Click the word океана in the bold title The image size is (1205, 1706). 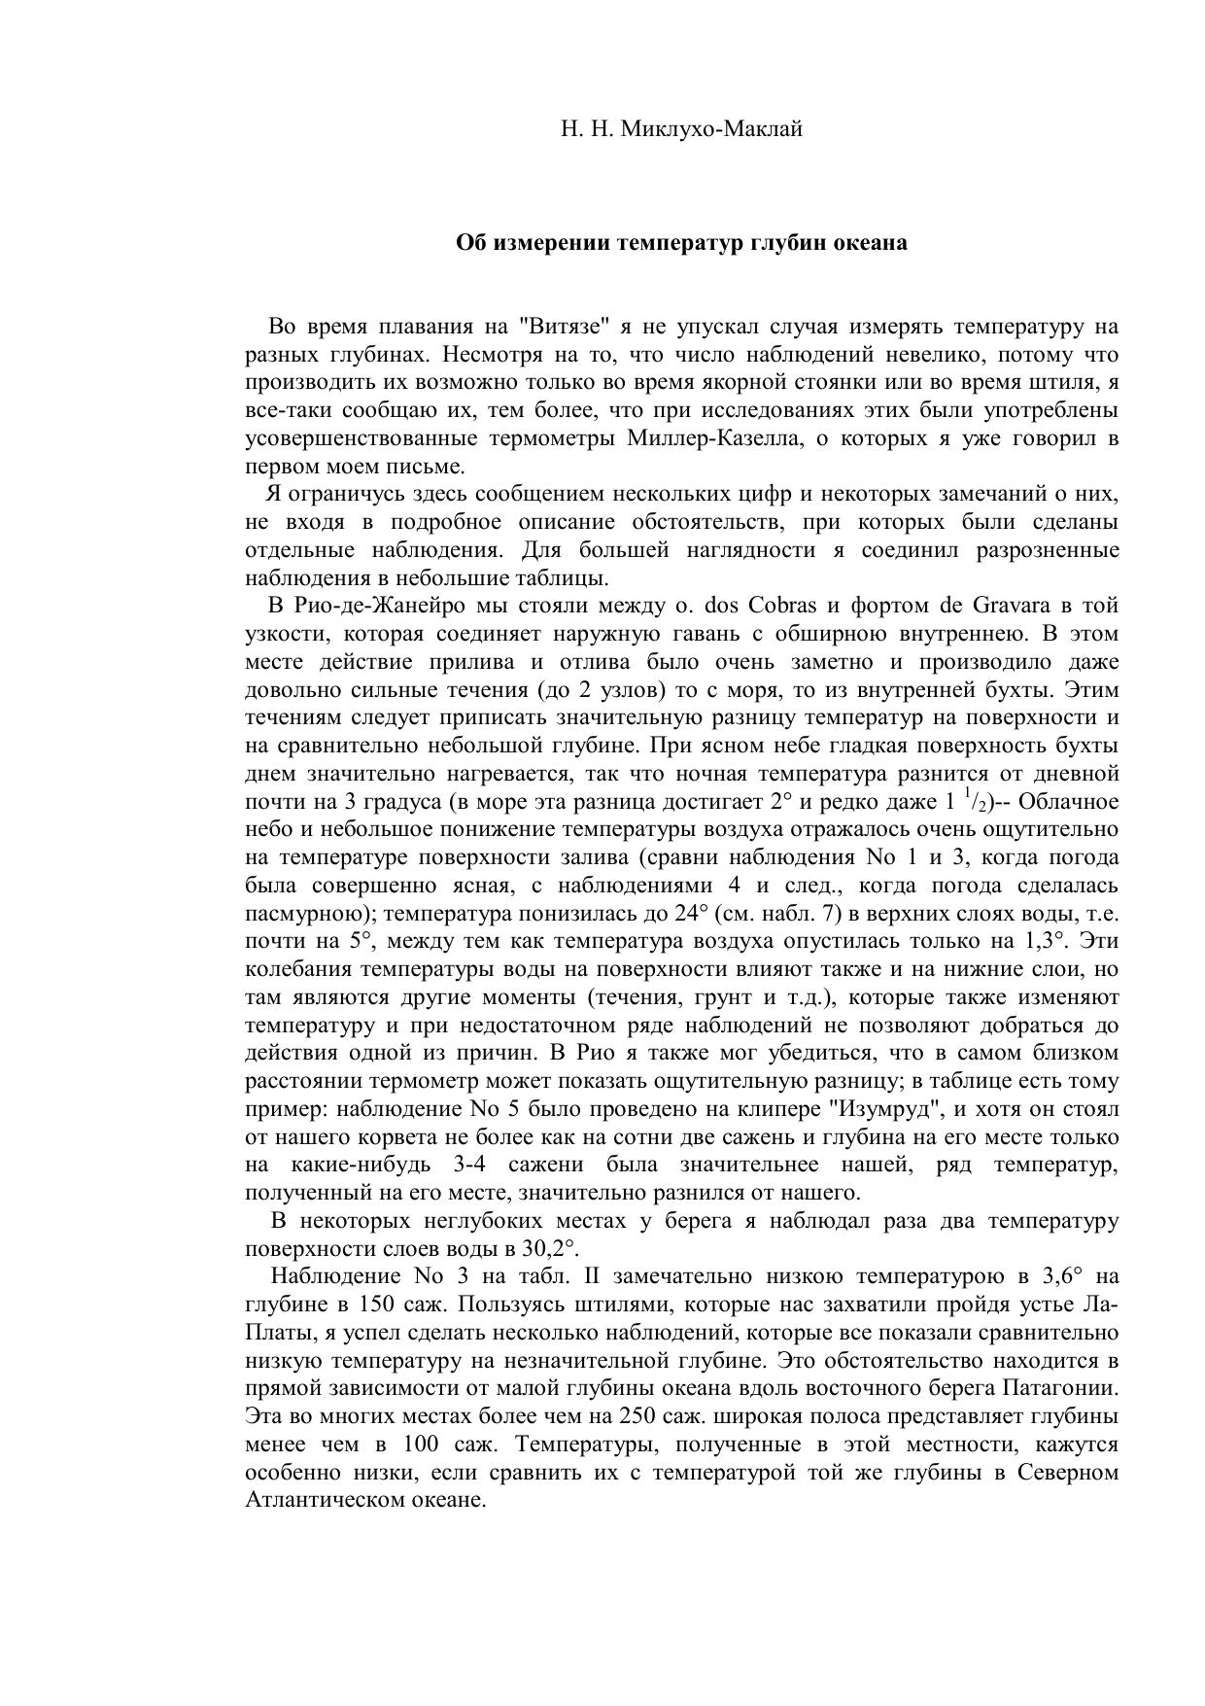coord(870,243)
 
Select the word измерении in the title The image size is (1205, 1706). coord(545,243)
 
